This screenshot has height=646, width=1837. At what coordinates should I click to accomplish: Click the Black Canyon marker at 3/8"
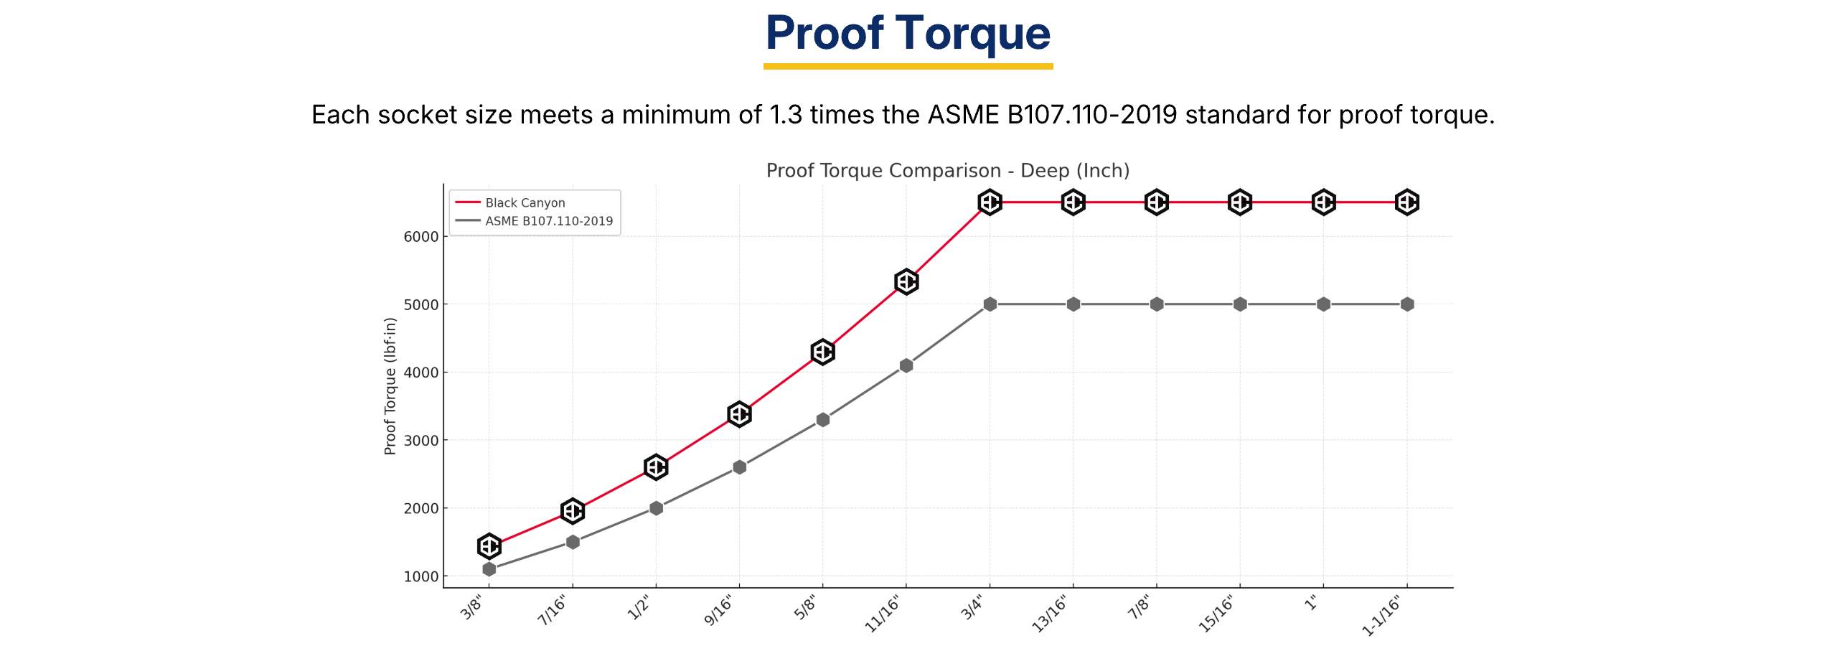[489, 546]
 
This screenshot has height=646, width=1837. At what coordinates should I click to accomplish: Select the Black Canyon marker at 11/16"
[906, 281]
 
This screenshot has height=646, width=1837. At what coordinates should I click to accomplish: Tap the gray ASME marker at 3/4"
[990, 304]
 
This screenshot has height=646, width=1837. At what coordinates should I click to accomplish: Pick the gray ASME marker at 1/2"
[656, 508]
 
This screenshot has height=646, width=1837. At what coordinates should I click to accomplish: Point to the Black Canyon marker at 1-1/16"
[1406, 202]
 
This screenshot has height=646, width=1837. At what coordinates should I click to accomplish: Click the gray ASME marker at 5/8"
[823, 420]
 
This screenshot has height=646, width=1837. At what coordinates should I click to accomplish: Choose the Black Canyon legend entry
[525, 203]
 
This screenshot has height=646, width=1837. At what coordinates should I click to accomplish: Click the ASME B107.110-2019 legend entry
[549, 221]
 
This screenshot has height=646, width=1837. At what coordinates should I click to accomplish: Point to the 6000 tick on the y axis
[421, 237]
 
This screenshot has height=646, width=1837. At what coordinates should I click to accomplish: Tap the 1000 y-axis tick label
[421, 576]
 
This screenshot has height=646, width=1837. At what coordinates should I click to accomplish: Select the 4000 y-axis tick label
[421, 373]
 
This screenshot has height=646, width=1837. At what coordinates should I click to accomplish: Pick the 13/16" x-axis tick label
[1050, 614]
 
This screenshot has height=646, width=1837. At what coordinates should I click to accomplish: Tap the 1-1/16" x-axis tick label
[1381, 616]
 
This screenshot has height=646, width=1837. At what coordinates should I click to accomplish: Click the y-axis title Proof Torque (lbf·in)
[390, 386]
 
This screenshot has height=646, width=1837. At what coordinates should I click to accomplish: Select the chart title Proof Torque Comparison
[947, 171]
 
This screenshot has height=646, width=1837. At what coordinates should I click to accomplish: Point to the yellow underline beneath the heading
[908, 67]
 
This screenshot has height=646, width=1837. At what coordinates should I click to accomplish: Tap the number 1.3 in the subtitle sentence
[785, 115]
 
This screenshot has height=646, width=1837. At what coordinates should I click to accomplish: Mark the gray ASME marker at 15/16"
[1240, 304]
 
